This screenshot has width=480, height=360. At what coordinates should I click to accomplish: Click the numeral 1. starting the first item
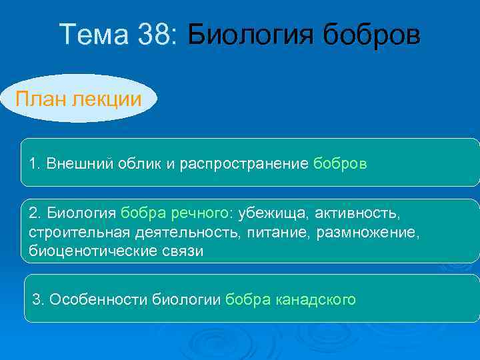pyautogui.click(x=35, y=163)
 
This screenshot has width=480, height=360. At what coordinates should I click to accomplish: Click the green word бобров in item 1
pyautogui.click(x=339, y=163)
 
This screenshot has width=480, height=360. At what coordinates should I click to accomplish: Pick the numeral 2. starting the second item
pyautogui.click(x=35, y=213)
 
